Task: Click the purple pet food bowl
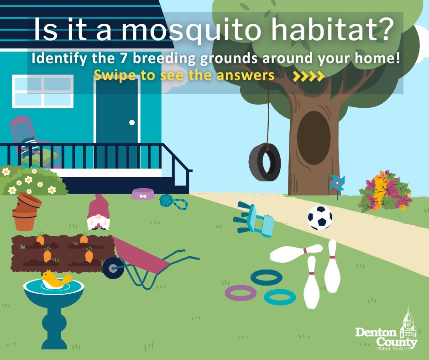click(x=143, y=194)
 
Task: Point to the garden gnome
click(x=98, y=213)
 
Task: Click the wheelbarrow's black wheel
click(x=113, y=268)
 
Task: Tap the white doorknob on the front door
click(x=132, y=122)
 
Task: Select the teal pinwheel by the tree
click(x=336, y=183)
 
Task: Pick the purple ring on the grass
click(x=241, y=293)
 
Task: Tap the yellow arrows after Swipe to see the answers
click(x=309, y=76)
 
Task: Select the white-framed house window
click(x=42, y=91)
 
